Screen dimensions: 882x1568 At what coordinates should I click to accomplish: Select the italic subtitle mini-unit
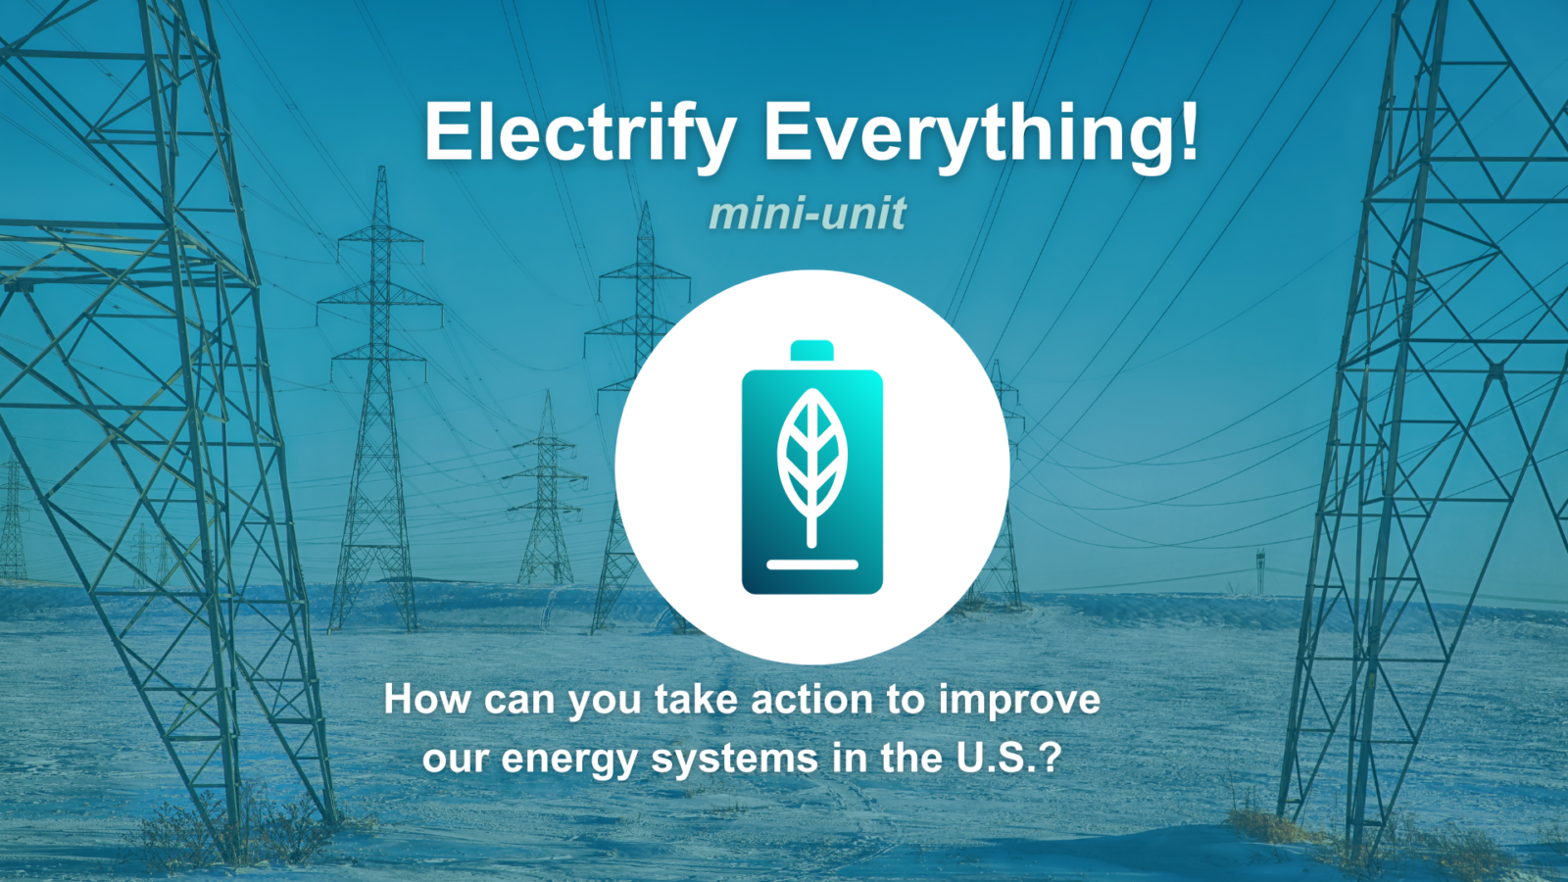coord(808,214)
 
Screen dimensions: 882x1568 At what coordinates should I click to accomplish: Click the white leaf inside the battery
coord(811,456)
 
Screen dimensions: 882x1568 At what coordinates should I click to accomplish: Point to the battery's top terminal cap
coord(811,351)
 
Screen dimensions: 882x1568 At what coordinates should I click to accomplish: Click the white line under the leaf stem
coord(811,564)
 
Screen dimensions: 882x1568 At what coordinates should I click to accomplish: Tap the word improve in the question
coord(1019,701)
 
